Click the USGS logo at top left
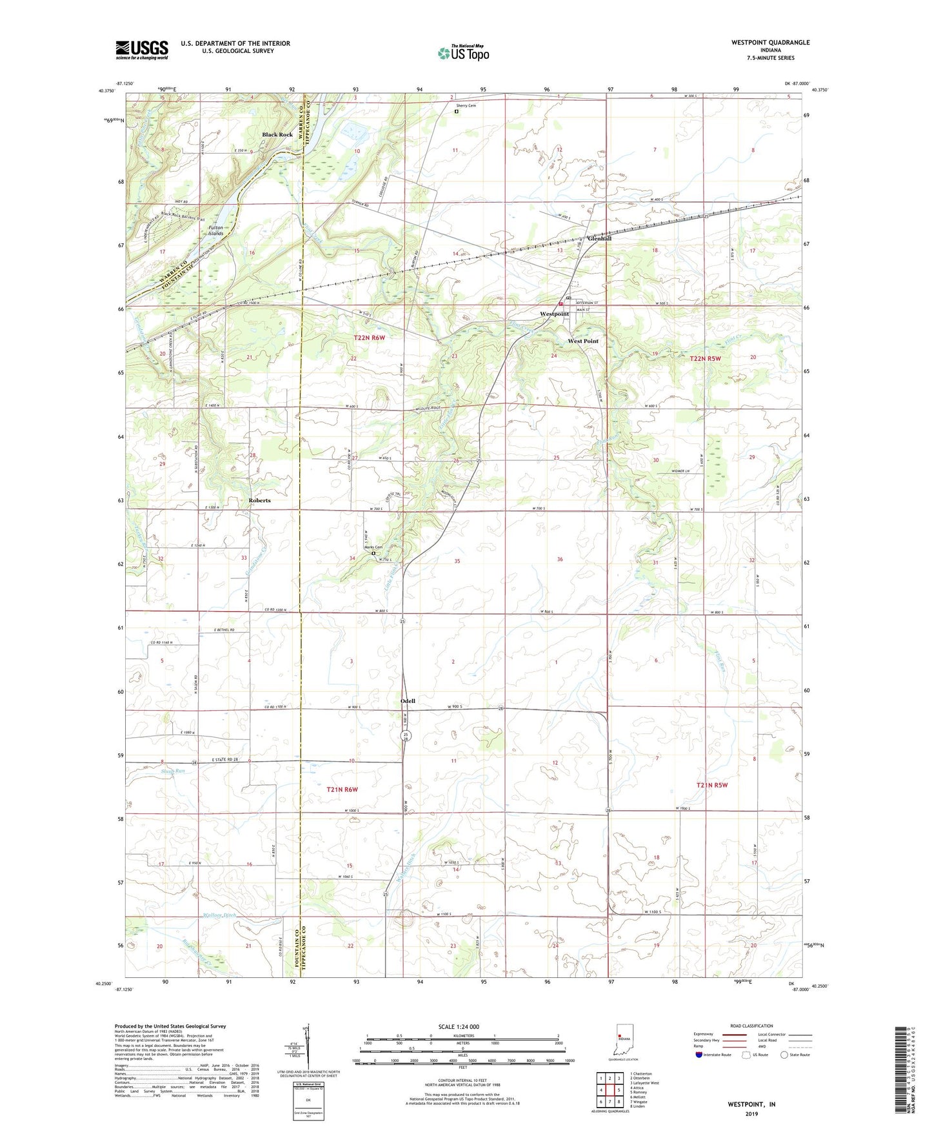[x=141, y=50]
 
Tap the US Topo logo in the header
[x=463, y=53]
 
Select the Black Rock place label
[x=277, y=135]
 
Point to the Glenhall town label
[x=599, y=238]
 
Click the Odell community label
[x=408, y=701]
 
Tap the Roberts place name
[x=260, y=500]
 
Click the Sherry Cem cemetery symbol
[x=457, y=111]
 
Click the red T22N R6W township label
[x=369, y=338]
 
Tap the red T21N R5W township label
[x=712, y=785]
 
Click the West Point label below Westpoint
[x=583, y=341]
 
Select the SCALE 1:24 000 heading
[x=458, y=1027]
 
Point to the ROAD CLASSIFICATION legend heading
[x=751, y=1026]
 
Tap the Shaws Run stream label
[x=173, y=771]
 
